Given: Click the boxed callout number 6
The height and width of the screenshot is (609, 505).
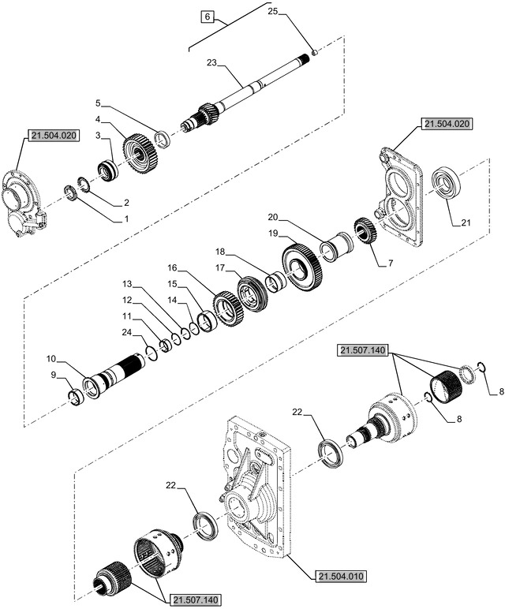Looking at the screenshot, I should pyautogui.click(x=207, y=17).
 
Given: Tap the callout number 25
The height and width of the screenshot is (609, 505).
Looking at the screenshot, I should pyautogui.click(x=272, y=12).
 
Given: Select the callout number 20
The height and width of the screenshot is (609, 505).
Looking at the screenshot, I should pyautogui.click(x=272, y=217).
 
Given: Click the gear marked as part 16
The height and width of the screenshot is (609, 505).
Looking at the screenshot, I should pyautogui.click(x=227, y=308).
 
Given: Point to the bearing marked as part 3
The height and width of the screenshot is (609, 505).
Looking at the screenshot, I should pyautogui.click(x=107, y=170).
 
